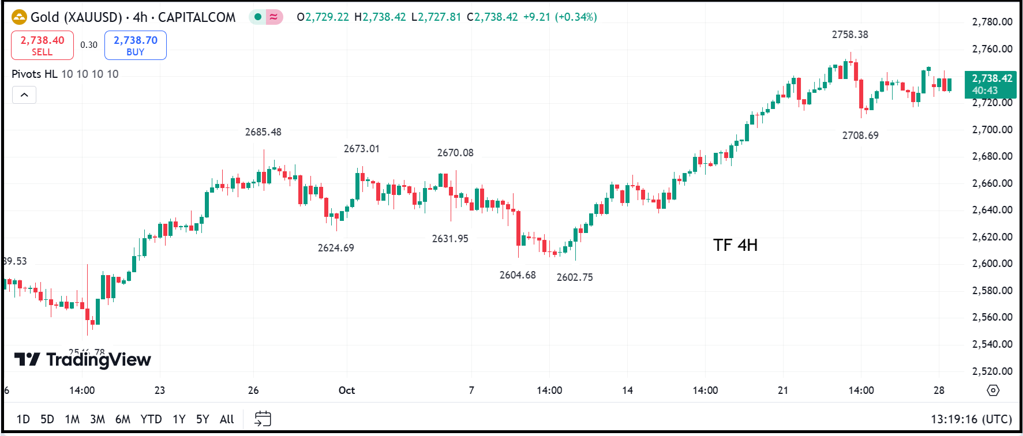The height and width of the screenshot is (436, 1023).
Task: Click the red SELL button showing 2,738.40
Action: (42, 45)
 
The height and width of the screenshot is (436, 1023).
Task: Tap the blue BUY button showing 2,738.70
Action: (135, 45)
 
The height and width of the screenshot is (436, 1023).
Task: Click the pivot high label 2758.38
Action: (849, 35)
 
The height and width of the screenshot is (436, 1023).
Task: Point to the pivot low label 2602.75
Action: (574, 277)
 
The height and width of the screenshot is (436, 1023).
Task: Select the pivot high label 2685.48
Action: (263, 132)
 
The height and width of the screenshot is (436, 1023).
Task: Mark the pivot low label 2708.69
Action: (860, 136)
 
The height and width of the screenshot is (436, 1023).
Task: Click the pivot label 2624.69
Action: (336, 248)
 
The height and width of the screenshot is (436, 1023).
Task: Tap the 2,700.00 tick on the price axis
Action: (992, 130)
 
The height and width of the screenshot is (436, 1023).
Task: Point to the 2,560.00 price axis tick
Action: (992, 317)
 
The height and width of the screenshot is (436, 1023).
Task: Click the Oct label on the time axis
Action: (347, 390)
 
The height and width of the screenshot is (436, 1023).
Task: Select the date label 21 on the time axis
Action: (782, 390)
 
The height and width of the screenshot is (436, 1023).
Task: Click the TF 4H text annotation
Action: (735, 246)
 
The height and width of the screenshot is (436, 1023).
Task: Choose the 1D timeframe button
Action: (23, 419)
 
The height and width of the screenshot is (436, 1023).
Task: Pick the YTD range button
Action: (151, 419)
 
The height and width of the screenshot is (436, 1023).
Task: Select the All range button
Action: (227, 419)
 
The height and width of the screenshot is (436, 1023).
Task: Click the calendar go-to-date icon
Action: (263, 419)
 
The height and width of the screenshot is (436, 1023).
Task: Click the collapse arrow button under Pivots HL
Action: (24, 95)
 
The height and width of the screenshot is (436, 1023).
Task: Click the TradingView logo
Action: (83, 360)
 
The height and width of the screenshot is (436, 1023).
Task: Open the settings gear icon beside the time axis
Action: (993, 390)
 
